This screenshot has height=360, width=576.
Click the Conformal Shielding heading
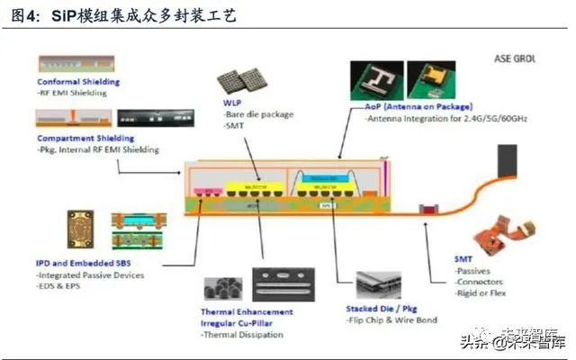tap(78, 82)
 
